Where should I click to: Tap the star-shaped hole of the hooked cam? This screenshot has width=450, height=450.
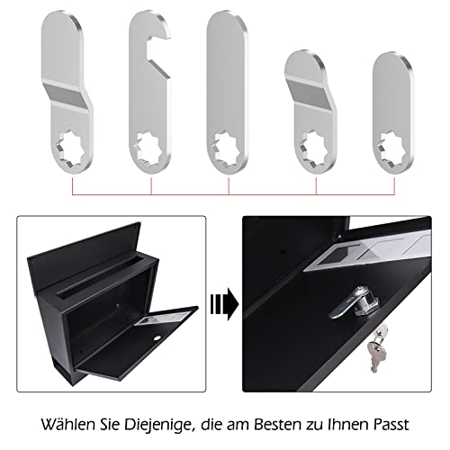click(x=149, y=147)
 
